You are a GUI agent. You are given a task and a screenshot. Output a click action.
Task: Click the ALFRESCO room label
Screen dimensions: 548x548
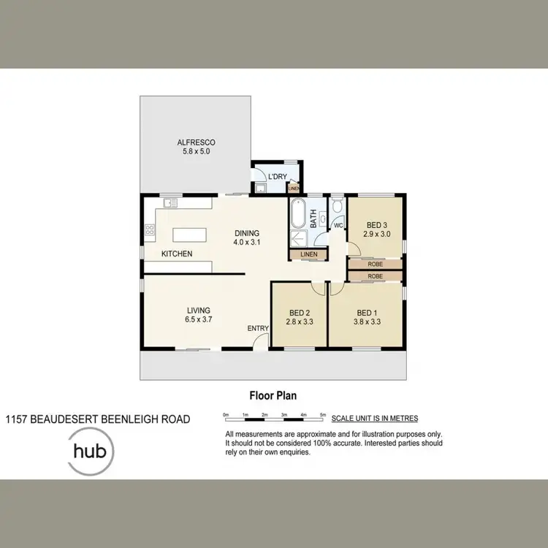point(196,142)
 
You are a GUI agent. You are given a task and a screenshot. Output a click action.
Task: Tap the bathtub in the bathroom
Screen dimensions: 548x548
point(298,216)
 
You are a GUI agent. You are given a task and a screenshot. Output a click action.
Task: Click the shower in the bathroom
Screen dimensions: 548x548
point(300,237)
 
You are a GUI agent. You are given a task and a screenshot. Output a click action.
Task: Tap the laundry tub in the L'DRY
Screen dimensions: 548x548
point(261,188)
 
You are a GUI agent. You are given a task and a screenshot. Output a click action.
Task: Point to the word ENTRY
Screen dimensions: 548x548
point(257,329)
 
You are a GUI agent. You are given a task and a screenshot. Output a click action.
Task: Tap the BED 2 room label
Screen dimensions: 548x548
point(299,311)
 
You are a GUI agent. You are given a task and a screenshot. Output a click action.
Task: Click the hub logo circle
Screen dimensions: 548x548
point(90,451)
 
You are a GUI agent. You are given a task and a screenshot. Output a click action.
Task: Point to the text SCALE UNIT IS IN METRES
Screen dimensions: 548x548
point(375,419)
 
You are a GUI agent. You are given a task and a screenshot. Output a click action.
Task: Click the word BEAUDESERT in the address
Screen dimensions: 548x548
point(70,419)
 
